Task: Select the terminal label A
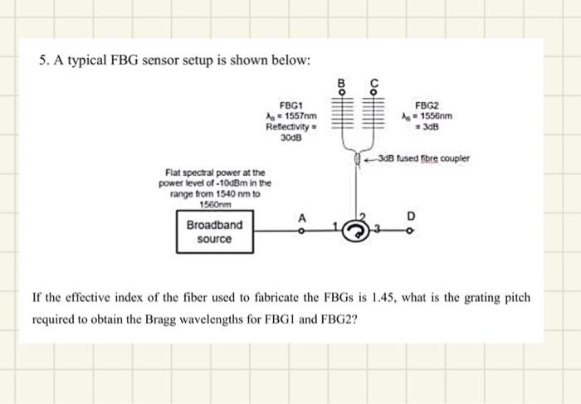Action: [x=302, y=217]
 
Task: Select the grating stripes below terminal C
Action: [x=373, y=115]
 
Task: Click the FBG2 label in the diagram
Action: [x=426, y=105]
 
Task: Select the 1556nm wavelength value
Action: [x=432, y=116]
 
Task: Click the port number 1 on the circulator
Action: [x=335, y=226]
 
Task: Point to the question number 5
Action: [x=42, y=61]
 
